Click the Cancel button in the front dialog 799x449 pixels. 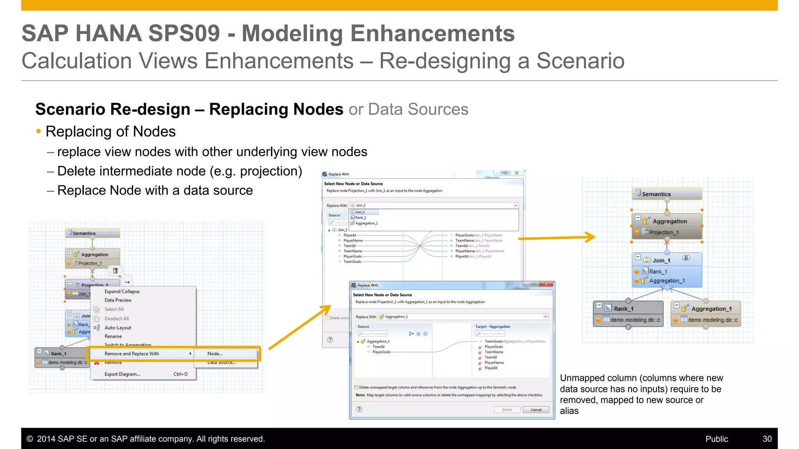click(536, 410)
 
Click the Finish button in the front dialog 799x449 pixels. click(507, 410)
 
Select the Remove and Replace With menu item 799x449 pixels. click(132, 354)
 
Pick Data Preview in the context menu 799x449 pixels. click(118, 300)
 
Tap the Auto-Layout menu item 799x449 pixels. click(117, 328)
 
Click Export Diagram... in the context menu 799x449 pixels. click(122, 374)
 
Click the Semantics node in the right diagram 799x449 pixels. click(666, 194)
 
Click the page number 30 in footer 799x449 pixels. click(767, 439)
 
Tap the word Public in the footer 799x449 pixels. click(716, 439)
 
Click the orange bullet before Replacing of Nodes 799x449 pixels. click(38, 132)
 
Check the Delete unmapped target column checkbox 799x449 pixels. click(356, 387)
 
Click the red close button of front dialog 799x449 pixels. click(547, 285)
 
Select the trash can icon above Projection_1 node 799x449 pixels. click(115, 270)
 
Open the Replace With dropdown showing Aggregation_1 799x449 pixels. click(545, 317)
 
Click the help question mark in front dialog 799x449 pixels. click(359, 409)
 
